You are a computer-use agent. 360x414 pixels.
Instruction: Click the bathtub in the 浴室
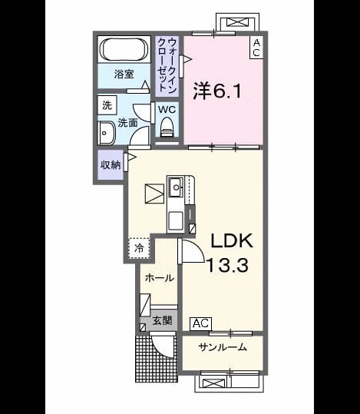[x=124, y=49]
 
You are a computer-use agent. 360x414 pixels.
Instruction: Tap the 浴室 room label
[x=124, y=75]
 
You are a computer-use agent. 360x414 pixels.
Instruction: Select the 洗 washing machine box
[x=107, y=106]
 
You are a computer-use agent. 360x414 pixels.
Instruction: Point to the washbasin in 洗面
[x=107, y=134]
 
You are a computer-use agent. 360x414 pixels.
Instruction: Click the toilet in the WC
[x=167, y=126]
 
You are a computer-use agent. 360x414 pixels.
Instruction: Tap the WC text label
[x=167, y=109]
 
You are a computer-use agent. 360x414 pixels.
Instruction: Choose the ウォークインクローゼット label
[x=167, y=65]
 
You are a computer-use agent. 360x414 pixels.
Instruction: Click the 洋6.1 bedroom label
[x=217, y=91]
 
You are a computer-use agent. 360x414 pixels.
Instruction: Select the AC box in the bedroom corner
[x=256, y=48]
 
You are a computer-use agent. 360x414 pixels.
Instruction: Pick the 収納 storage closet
[x=111, y=165]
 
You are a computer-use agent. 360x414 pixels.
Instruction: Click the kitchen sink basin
[x=176, y=187]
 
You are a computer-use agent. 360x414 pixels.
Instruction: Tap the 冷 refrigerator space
[x=139, y=248]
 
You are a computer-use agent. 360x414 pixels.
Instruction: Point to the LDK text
[x=232, y=240]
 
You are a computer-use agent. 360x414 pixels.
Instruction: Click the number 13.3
[x=227, y=265]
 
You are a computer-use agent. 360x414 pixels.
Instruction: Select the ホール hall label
[x=160, y=278]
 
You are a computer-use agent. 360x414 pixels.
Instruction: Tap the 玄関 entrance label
[x=162, y=320]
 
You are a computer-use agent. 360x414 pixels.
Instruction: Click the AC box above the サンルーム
[x=200, y=323]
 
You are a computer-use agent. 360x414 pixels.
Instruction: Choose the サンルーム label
[x=223, y=347]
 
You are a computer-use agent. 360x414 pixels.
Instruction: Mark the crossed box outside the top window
[x=237, y=22]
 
